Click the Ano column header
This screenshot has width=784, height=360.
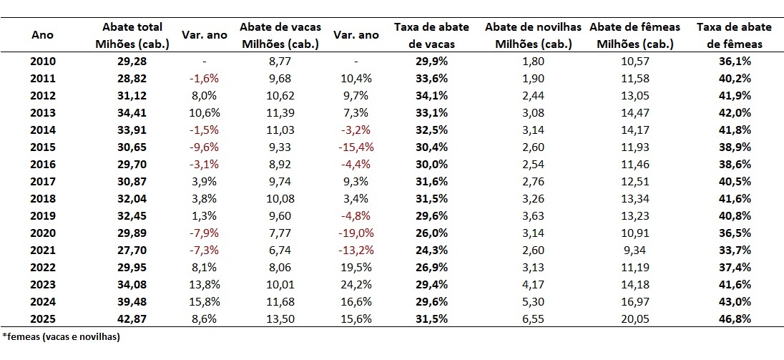[x=43, y=34]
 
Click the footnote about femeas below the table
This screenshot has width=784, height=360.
[x=61, y=336]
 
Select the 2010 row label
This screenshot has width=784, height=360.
[x=43, y=62]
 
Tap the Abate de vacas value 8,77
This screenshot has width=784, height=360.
[x=279, y=62]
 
